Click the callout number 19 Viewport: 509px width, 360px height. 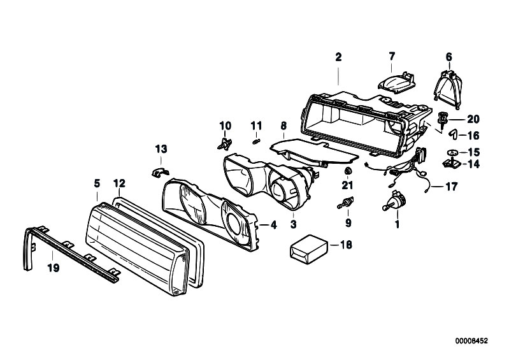pyautogui.click(x=54, y=268)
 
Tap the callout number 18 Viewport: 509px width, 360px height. pyautogui.click(x=347, y=245)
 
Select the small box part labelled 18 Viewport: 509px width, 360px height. pyautogui.click(x=309, y=249)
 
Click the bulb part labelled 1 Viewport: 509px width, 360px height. pyautogui.click(x=394, y=199)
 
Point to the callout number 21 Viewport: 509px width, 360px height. pyautogui.click(x=347, y=185)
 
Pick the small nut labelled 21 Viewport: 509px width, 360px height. pyautogui.click(x=348, y=170)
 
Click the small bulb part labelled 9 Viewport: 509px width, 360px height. pyautogui.click(x=346, y=202)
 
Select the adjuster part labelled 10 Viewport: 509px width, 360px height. pyautogui.click(x=225, y=143)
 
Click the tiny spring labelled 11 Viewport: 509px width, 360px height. pyautogui.click(x=256, y=141)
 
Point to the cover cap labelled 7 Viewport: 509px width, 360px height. pyautogui.click(x=397, y=82)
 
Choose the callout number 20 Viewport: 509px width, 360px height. pyautogui.click(x=473, y=119)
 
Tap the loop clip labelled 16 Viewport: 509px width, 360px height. pyautogui.click(x=453, y=134)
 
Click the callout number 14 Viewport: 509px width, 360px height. pyautogui.click(x=473, y=164)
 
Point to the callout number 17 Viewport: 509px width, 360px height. pyautogui.click(x=451, y=187)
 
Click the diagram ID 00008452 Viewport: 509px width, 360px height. pyautogui.click(x=471, y=341)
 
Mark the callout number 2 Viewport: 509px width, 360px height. pyautogui.click(x=338, y=57)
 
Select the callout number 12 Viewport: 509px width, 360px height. pyautogui.click(x=119, y=184)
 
